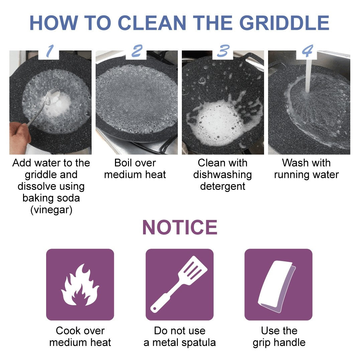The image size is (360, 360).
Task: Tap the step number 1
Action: [x=49, y=51]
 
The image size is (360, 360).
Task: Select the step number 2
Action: [x=136, y=51]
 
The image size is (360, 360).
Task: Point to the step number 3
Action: [x=223, y=51]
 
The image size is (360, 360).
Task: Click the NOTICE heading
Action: [x=180, y=228]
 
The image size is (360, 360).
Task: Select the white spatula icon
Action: [x=179, y=284]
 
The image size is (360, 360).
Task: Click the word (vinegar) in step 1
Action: [x=51, y=210]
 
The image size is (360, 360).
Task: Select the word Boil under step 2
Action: [x=125, y=163]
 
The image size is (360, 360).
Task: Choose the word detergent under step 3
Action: [x=223, y=186]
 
